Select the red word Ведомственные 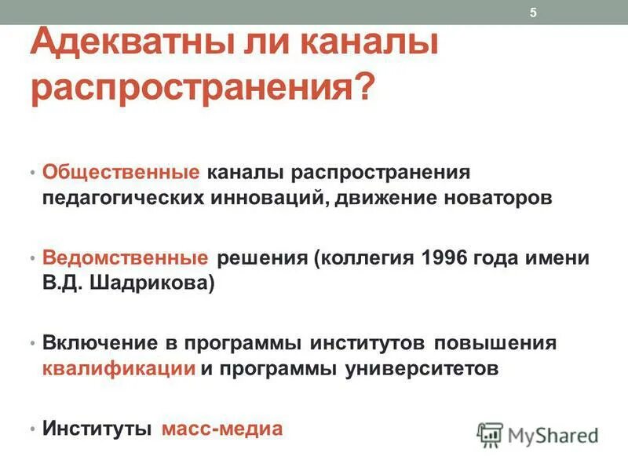(x=126, y=257)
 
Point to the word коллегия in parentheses (x=363, y=257)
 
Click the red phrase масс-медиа (x=221, y=429)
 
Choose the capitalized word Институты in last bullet (x=97, y=429)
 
